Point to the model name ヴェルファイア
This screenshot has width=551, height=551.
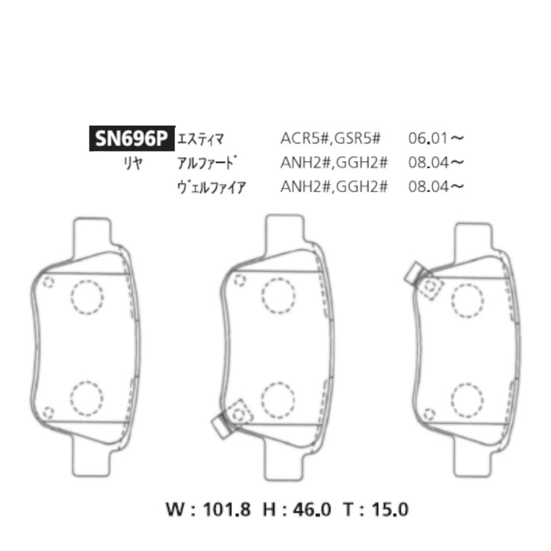click(x=211, y=186)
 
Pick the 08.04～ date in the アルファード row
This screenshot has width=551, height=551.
click(x=436, y=163)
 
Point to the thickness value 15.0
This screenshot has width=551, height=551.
click(x=391, y=510)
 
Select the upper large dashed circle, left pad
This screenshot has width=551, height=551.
click(x=87, y=296)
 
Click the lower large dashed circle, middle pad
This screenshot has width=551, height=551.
click(x=277, y=397)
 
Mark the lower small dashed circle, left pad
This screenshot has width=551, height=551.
click(x=48, y=413)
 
